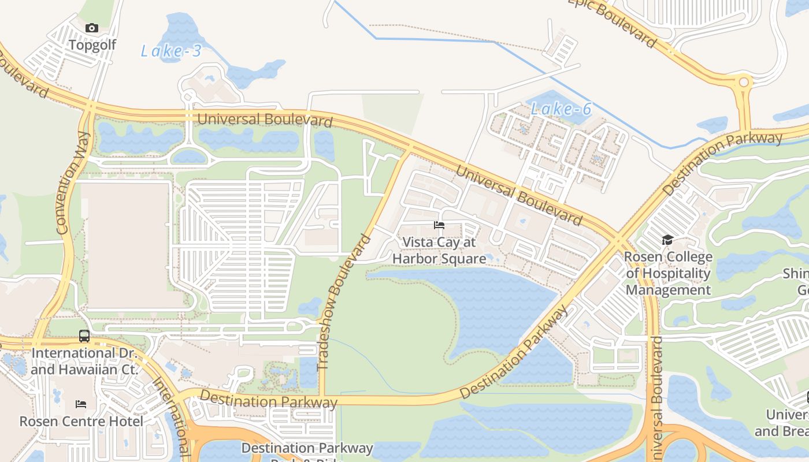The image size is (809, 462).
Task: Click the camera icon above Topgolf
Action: [92, 28]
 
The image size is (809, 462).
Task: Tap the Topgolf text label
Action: [92, 45]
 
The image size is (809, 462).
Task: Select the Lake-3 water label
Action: [171, 51]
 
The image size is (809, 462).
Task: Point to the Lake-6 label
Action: [561, 109]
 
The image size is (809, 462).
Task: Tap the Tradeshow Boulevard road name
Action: [343, 301]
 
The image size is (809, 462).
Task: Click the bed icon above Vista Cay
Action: [439, 225]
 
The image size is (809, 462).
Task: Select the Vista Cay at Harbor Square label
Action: [439, 251]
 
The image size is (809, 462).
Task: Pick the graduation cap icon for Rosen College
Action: [668, 240]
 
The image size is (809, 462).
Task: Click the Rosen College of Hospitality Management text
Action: [669, 273]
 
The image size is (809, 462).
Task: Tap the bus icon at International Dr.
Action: [84, 336]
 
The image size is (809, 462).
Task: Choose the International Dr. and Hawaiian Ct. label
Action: [84, 361]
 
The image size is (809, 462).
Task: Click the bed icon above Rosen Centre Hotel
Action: [81, 404]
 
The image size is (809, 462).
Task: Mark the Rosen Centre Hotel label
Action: [81, 422]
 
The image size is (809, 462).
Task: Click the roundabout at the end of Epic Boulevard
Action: [744, 83]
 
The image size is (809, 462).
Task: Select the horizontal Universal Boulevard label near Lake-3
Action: [265, 120]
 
